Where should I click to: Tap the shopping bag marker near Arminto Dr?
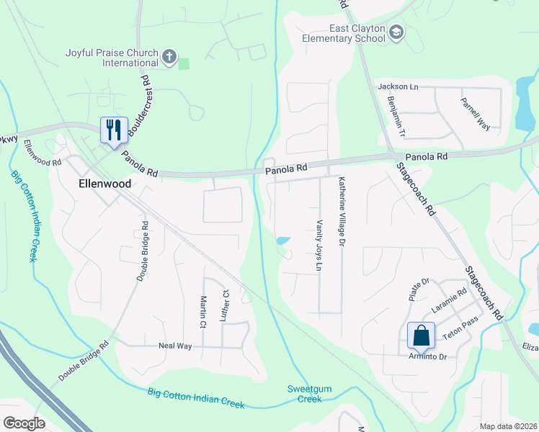tap(421, 336)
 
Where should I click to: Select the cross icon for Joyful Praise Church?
tap(169, 57)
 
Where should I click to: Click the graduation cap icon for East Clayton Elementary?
tap(396, 32)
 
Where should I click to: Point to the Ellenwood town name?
tap(104, 184)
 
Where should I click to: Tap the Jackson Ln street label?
tap(398, 86)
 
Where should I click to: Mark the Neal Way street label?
tap(175, 346)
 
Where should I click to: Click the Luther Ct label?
tap(225, 305)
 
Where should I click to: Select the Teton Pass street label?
tap(463, 323)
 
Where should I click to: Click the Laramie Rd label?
tap(450, 297)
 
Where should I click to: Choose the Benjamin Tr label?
tap(397, 117)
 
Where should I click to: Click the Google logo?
tap(24, 423)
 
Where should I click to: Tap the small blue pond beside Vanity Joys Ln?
tap(283, 240)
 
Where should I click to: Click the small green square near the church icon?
tap(184, 64)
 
